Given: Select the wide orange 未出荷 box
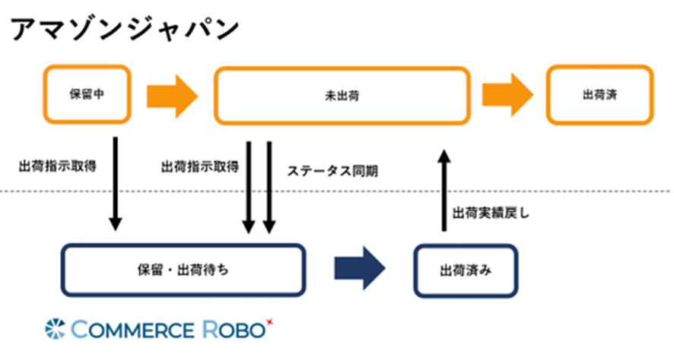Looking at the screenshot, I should pos(342,96).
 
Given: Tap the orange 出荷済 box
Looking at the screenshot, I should pos(599,96).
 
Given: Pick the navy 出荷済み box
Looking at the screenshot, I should pos(465,270).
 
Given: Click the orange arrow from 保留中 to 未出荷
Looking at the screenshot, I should pos(172,96).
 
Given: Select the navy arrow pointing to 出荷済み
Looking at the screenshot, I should pos(360,268).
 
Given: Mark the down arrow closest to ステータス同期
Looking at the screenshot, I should pos(269,186).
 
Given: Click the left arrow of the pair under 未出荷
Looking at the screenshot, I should pos(248,186).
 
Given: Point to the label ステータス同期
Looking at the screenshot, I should pos(332,172).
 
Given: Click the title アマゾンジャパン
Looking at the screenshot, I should pos(125,29).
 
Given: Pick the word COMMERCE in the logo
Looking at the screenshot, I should pos(134,329).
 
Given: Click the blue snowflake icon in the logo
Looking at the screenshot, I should pos(56,328).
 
